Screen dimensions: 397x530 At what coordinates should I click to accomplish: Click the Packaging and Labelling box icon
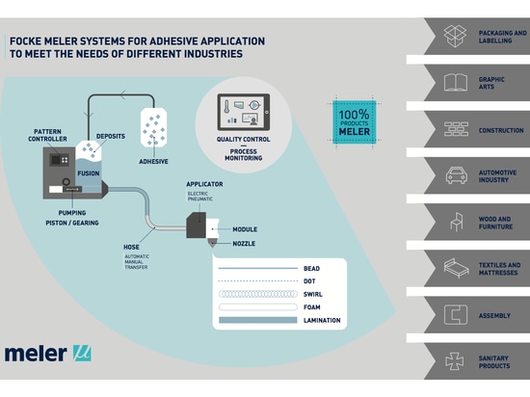coord(455,37)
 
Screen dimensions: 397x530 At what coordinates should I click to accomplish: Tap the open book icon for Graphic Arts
coord(455,83)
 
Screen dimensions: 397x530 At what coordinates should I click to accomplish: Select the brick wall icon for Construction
coord(455,129)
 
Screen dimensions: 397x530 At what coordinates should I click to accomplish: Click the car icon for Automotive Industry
coord(455,175)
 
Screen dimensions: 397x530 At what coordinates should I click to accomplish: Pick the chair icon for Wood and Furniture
coord(455,223)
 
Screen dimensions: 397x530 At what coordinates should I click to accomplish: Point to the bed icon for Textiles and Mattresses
coord(455,268)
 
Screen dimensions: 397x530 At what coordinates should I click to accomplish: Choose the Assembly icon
coord(455,314)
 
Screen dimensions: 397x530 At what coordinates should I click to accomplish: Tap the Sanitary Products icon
coord(455,360)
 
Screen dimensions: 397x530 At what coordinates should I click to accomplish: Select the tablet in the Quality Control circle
coord(245,115)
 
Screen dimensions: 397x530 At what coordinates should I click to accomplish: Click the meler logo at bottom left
coord(47,353)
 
